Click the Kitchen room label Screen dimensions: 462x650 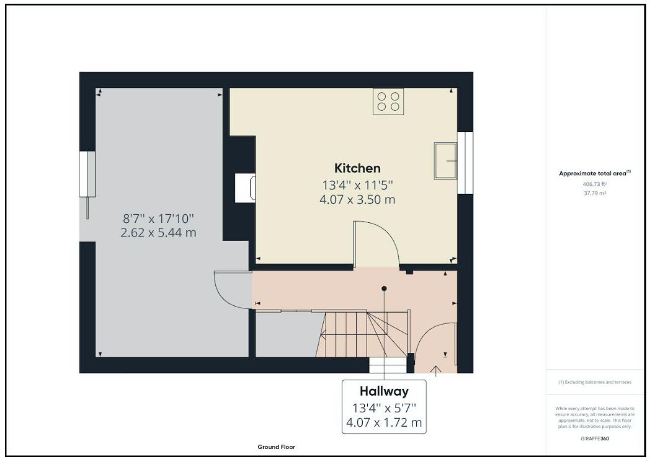[x=357, y=168]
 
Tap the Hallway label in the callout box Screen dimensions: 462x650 [x=384, y=391]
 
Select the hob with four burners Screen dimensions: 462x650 [x=388, y=102]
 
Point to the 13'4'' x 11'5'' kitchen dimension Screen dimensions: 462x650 [x=357, y=185]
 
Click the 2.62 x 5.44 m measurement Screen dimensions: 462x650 [x=159, y=232]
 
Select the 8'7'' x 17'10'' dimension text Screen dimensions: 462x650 [x=159, y=218]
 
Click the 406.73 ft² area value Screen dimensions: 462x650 [x=594, y=184]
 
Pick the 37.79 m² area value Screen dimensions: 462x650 [x=594, y=193]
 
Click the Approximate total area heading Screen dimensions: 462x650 [x=594, y=173]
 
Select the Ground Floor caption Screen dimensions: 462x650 [x=276, y=447]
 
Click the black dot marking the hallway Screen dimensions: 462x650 [x=385, y=289]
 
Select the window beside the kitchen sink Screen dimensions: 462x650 [x=465, y=162]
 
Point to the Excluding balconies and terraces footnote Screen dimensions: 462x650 [x=594, y=382]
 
